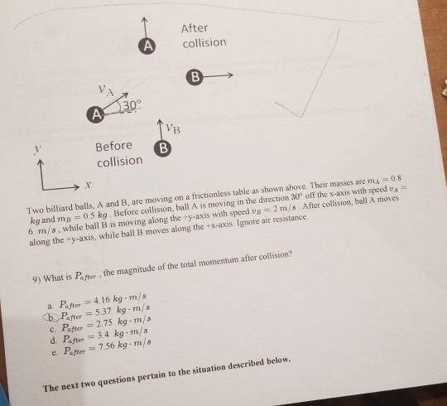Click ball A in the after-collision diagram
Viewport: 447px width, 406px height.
[147, 46]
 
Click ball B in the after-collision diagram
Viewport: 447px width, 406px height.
[195, 77]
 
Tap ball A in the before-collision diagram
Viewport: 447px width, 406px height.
[96, 114]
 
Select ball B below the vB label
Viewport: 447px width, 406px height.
[163, 148]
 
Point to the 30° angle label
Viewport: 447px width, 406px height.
[132, 104]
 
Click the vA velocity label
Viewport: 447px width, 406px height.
[106, 90]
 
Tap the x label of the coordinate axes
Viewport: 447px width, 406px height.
[88, 186]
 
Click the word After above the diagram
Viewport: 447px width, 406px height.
[195, 28]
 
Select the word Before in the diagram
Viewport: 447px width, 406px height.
[113, 146]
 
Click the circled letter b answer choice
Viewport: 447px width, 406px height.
[51, 317]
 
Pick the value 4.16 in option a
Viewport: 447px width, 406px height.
[102, 301]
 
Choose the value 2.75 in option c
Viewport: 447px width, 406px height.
[104, 324]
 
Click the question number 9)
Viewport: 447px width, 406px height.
[36, 279]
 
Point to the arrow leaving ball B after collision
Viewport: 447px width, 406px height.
[218, 75]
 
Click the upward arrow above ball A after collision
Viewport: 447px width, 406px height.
[145, 27]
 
